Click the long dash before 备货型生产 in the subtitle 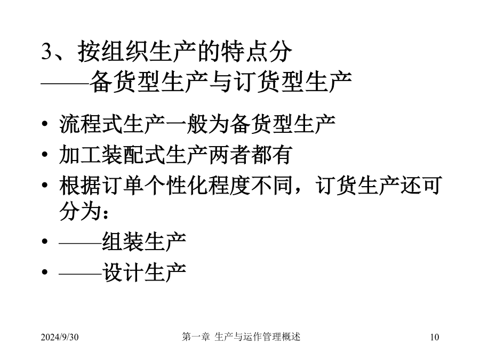point(65,83)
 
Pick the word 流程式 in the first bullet point(91,124)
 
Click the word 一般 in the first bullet point(187,124)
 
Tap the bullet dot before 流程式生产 point(45,124)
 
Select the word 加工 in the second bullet point(81,155)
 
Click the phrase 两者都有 point(250,155)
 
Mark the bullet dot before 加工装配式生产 point(45,155)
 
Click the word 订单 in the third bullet point(123,186)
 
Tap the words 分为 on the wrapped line point(81,211)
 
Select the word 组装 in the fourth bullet point(123,242)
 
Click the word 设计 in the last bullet point(123,273)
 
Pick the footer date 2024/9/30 point(60,337)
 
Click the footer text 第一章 point(196,337)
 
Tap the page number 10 point(434,337)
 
